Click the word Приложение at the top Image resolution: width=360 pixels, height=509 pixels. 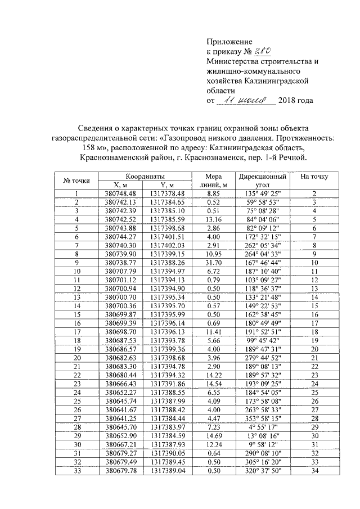229,42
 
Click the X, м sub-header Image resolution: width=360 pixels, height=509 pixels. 121,184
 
